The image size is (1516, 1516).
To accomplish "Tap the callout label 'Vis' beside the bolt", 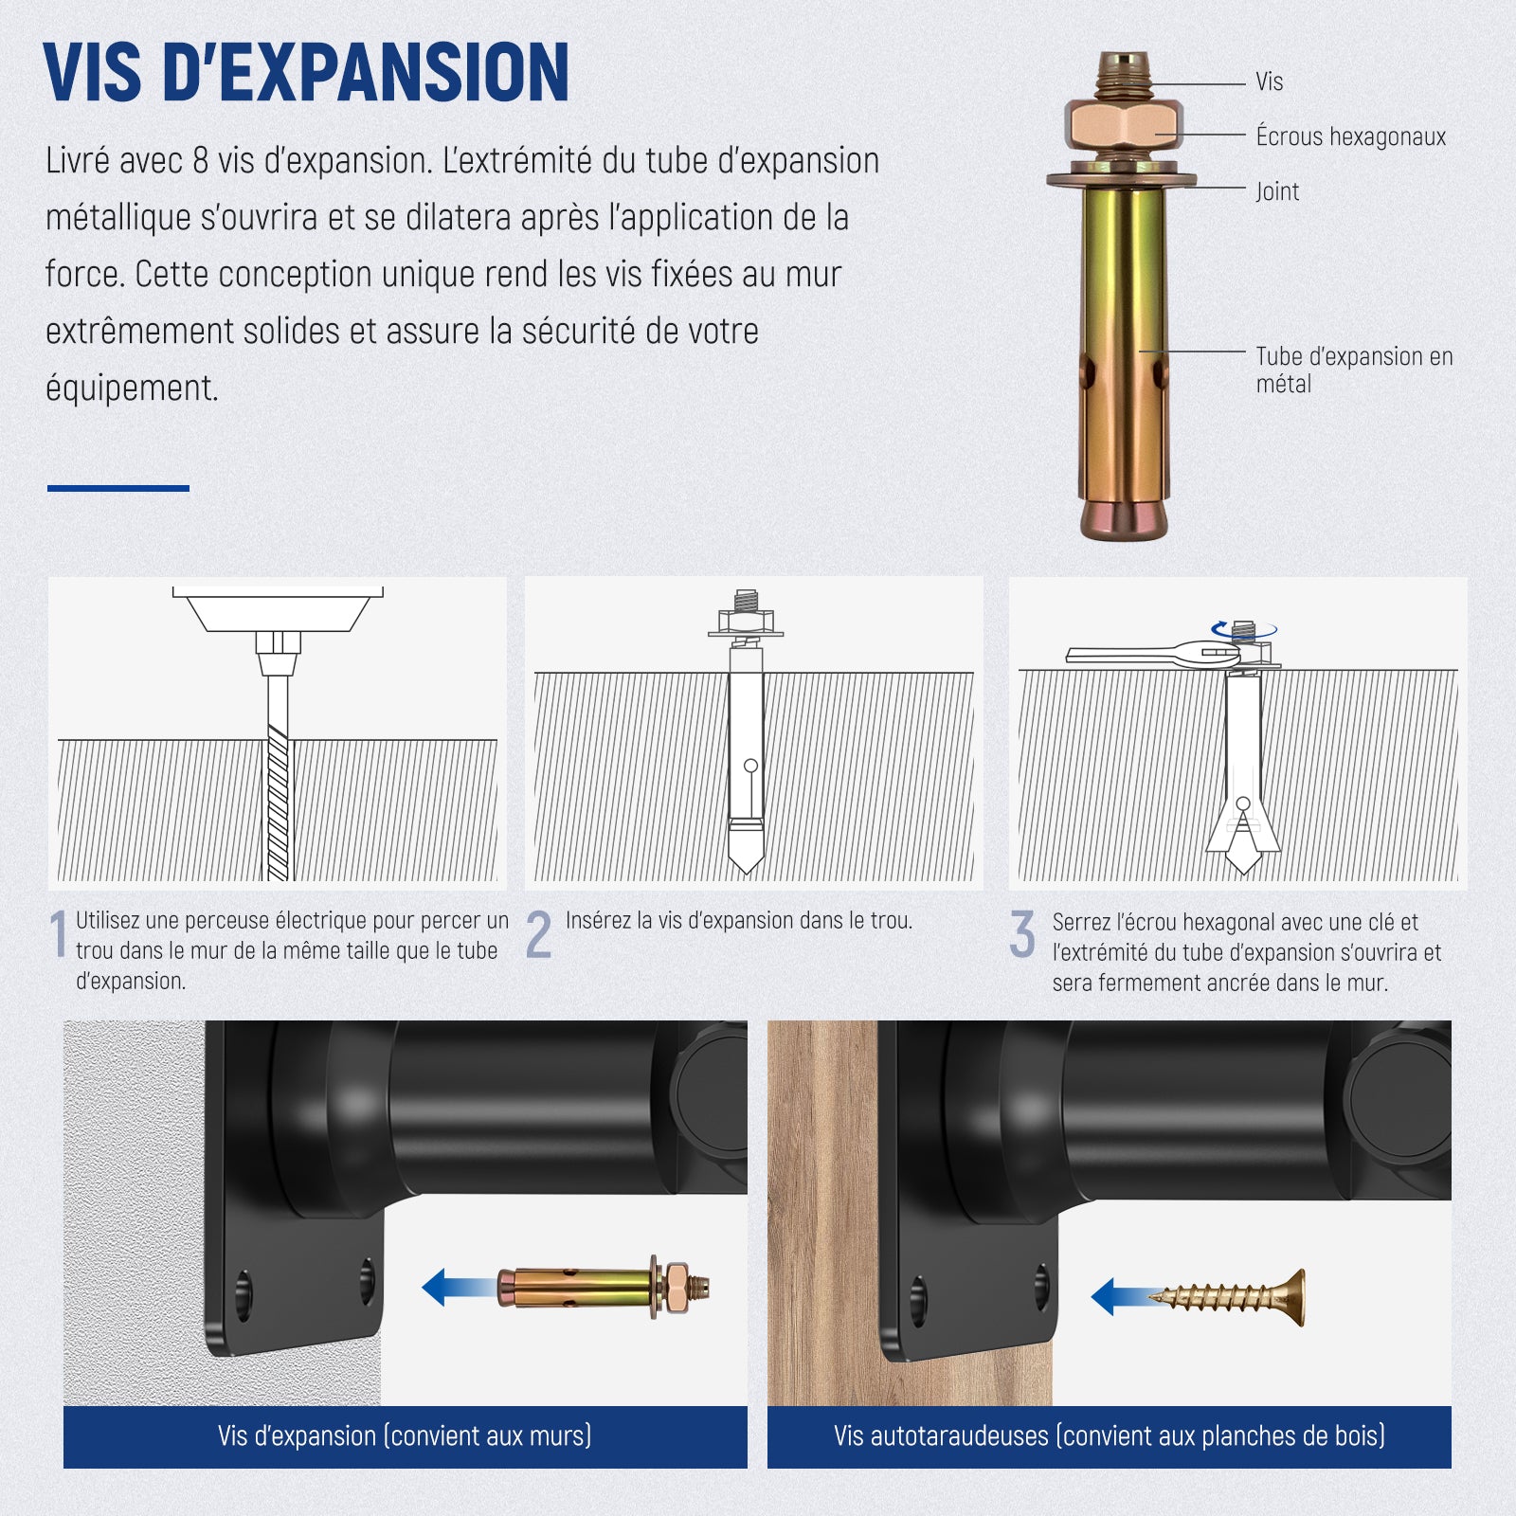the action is [x=1269, y=82].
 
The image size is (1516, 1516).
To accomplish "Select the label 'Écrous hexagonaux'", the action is [x=1350, y=136].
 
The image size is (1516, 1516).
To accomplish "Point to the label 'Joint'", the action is [x=1277, y=191].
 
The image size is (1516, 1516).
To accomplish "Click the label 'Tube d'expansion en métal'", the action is [x=1354, y=370].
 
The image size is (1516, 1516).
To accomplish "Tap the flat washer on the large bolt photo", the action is [x=1121, y=178].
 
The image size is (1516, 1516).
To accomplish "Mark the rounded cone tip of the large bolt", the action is [x=1125, y=519].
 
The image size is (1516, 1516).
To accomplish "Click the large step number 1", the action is [x=59, y=934].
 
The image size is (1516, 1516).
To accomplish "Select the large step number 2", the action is [x=538, y=934].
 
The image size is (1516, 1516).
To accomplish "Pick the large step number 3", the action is [x=1022, y=934].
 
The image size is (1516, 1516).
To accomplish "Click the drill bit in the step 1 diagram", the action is [x=278, y=777].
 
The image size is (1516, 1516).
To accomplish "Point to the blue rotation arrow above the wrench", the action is [x=1244, y=629].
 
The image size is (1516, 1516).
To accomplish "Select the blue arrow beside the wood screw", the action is [x=1120, y=1297].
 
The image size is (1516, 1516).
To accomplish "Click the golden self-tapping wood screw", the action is [x=1228, y=1297].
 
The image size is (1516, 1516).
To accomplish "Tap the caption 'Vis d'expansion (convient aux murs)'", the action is [x=405, y=1436].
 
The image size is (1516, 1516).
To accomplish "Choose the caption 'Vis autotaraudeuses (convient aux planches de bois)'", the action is [x=1110, y=1436].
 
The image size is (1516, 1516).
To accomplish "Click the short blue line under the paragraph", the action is [x=118, y=489].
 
